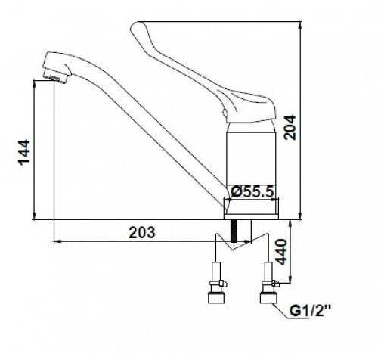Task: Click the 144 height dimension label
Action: [24, 153]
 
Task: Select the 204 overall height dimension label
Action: [290, 127]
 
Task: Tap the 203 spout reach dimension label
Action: [142, 232]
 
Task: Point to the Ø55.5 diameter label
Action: [252, 192]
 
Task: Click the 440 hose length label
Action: [281, 252]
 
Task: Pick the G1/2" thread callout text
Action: [309, 311]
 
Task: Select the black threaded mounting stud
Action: [234, 231]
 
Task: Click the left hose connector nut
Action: [216, 297]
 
